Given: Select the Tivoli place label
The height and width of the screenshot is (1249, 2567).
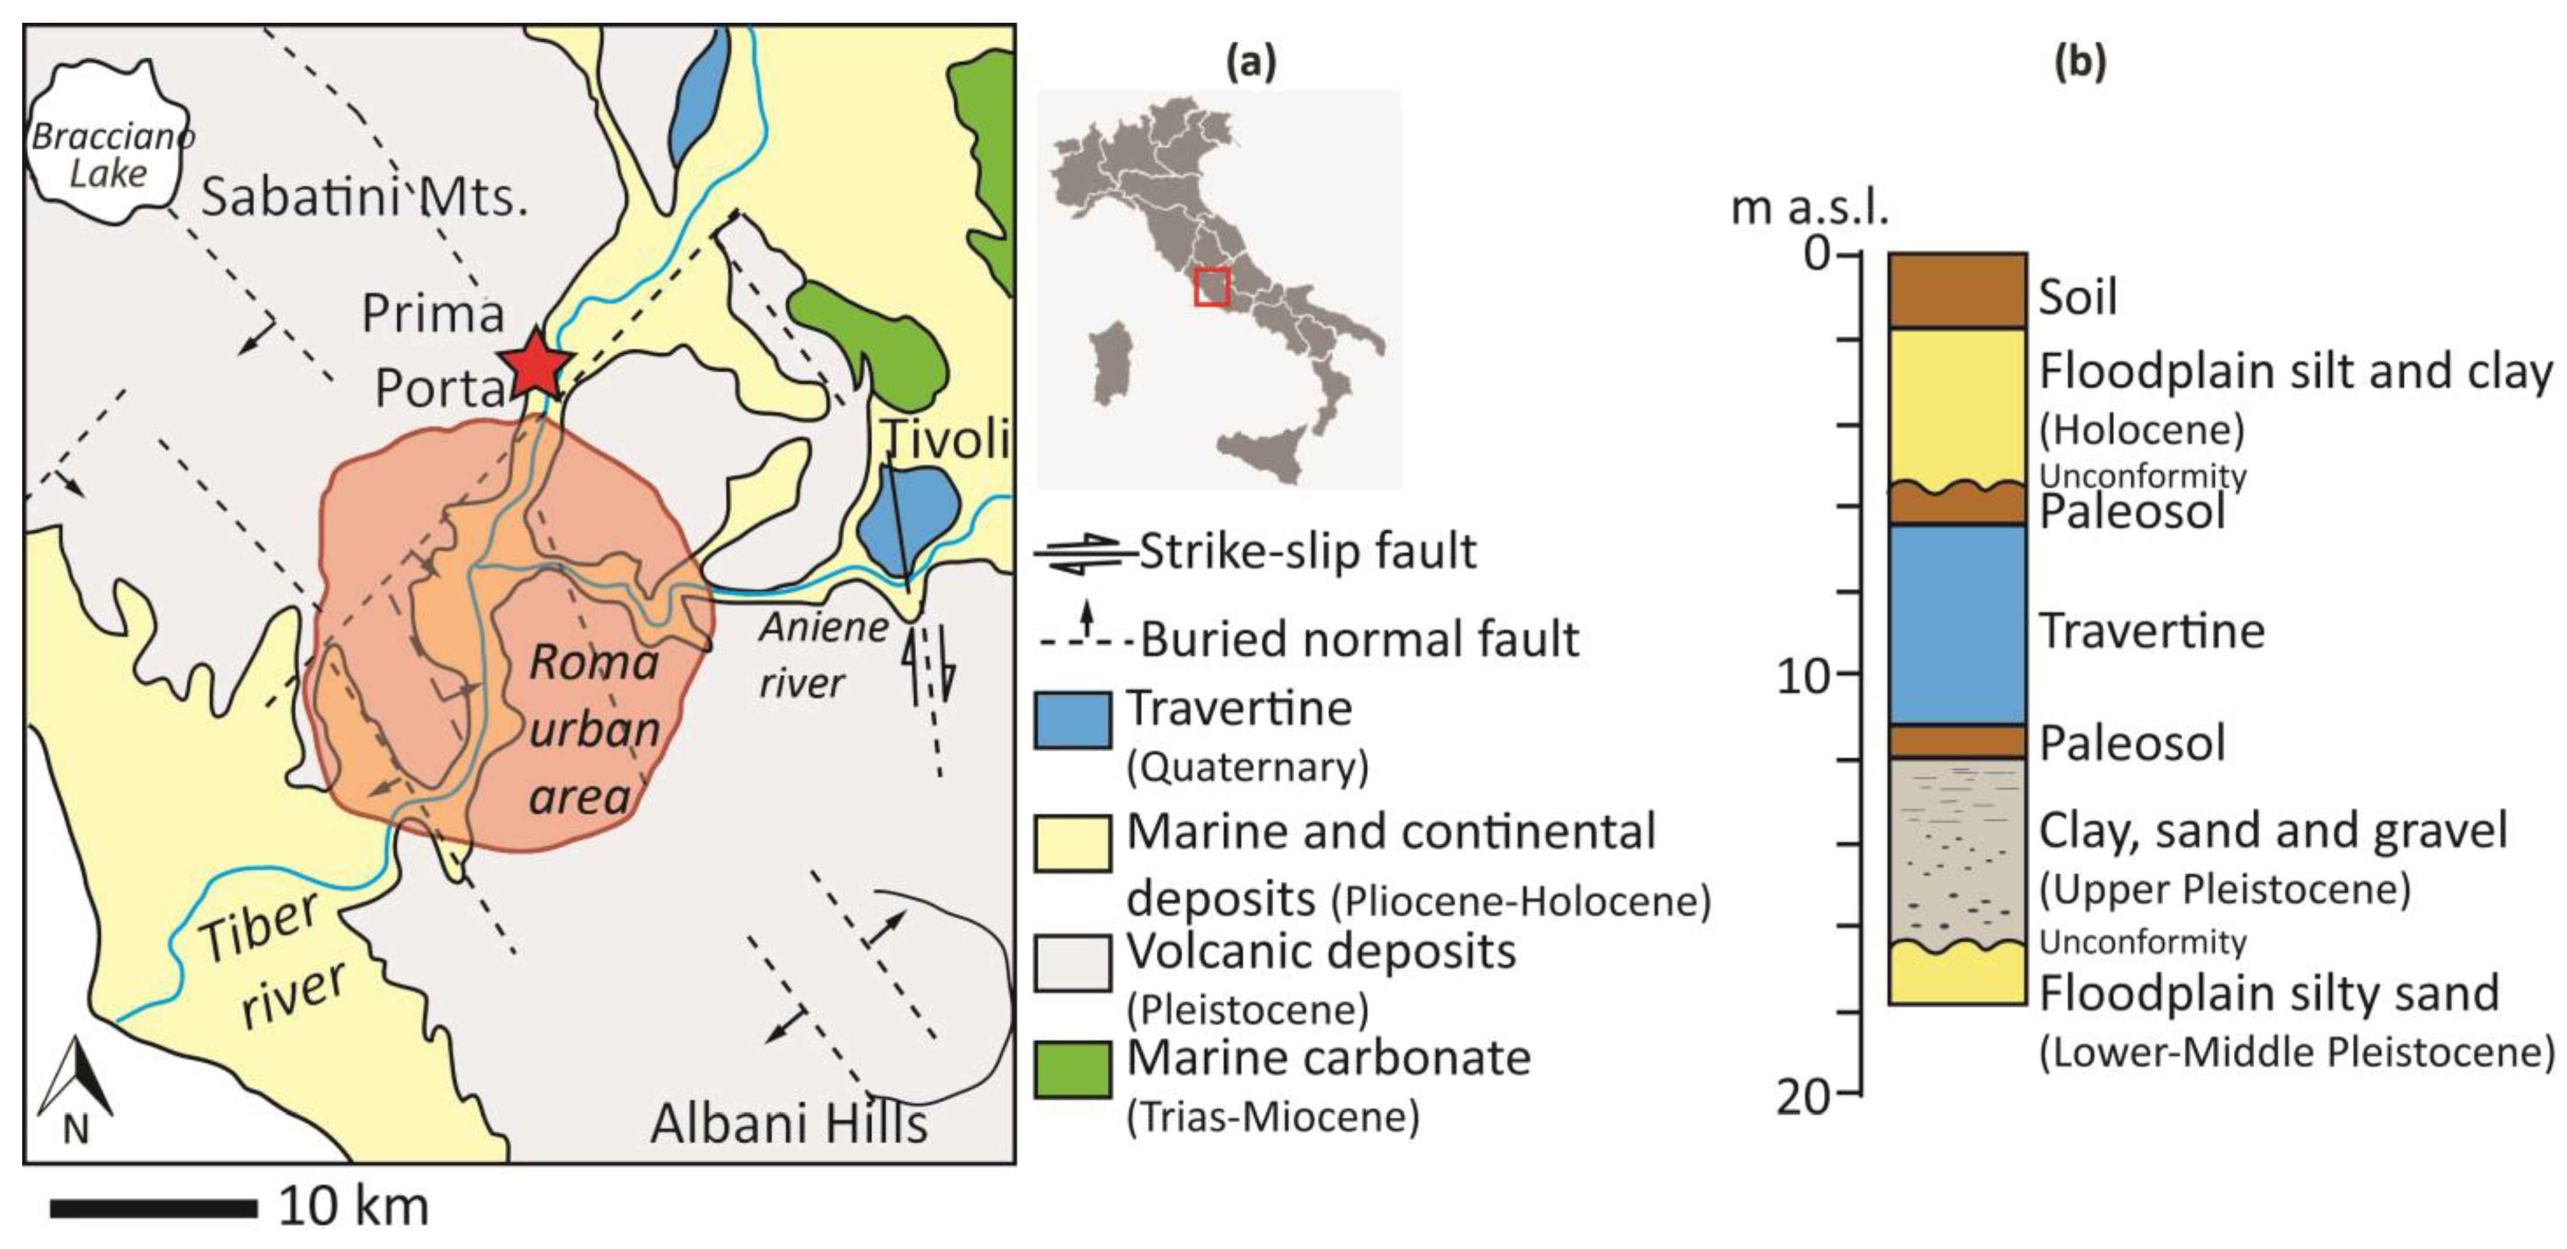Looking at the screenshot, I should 946,439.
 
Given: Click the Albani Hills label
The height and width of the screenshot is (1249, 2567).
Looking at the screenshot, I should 788,1123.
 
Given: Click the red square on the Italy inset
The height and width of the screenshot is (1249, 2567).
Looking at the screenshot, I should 1212,286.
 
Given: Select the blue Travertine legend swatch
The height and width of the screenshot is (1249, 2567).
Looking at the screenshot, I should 1072,720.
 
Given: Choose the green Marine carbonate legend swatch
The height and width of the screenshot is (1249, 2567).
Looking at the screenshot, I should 1072,1070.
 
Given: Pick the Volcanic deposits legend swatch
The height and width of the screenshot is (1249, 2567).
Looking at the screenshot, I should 1072,962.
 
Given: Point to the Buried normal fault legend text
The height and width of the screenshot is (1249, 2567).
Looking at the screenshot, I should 1359,639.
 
